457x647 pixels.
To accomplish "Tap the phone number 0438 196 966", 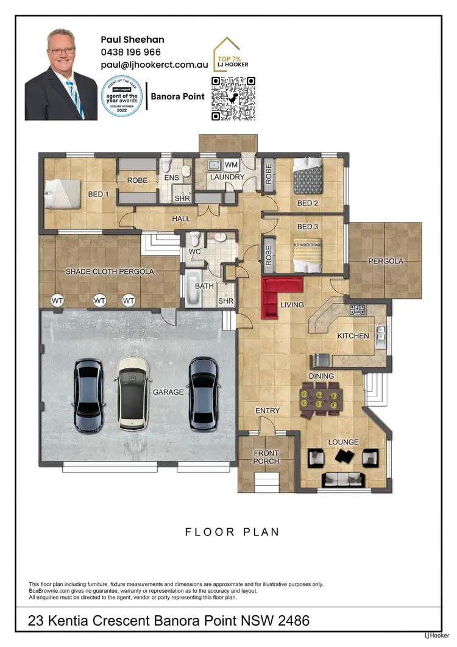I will click(x=131, y=52).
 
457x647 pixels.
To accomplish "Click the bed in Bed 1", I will click(x=62, y=195).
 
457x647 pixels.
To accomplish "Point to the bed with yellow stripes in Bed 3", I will click(x=308, y=256).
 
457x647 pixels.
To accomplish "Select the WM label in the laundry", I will click(x=232, y=165).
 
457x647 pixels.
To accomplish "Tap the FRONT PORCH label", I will click(x=266, y=457).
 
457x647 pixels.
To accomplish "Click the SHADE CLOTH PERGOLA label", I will click(x=110, y=271).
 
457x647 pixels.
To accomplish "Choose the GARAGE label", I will click(x=168, y=392).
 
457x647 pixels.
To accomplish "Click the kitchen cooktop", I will click(x=357, y=310).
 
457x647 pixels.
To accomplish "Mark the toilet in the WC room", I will click(x=194, y=238).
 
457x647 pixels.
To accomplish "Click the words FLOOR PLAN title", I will click(x=232, y=532).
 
